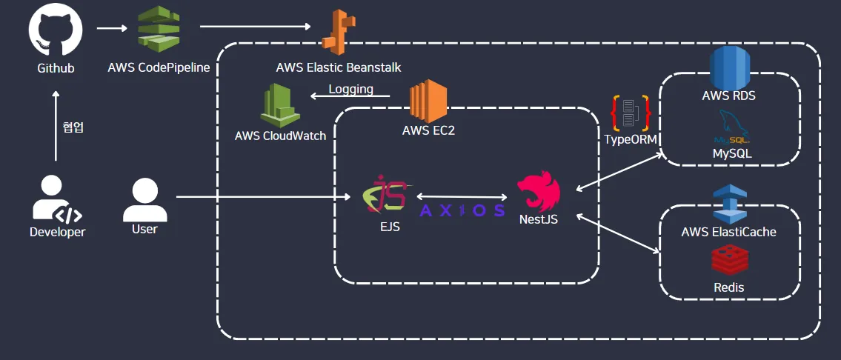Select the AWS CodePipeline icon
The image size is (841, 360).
pos(159,30)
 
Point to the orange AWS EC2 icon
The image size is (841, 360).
pos(429,101)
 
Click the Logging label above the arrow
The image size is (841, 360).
pos(350,90)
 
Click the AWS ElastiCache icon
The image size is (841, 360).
pos(729,203)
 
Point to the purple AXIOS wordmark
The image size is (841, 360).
pos(462,210)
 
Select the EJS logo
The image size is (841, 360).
pos(385,194)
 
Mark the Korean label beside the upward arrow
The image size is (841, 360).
pos(73,127)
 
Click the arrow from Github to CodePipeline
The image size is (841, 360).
pos(112,29)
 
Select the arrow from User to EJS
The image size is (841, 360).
pos(263,197)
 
